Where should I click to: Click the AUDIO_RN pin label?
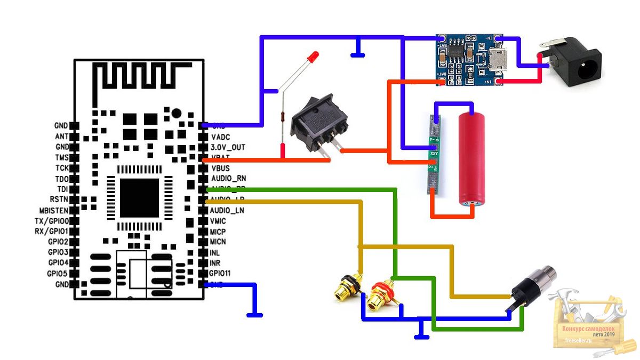tap(228, 178)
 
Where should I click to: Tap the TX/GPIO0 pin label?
tap(51, 221)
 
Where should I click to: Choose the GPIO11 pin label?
tap(220, 274)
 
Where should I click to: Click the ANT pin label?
tap(61, 136)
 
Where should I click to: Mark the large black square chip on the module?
tap(140, 197)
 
